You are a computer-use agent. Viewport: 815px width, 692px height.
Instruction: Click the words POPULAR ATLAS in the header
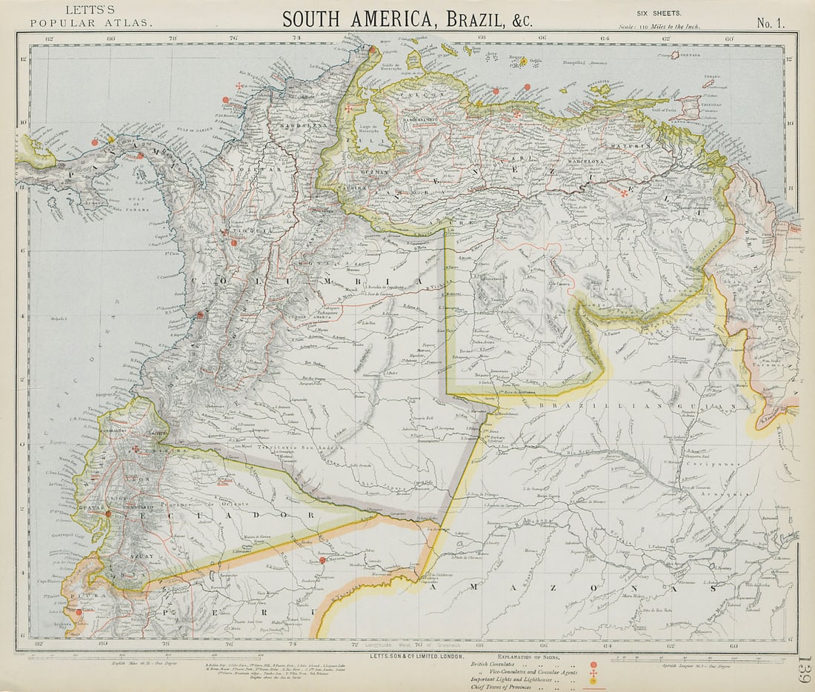[x=91, y=23]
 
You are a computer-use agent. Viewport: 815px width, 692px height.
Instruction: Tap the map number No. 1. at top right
[x=771, y=23]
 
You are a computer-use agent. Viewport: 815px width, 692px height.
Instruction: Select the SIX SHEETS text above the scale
[x=659, y=13]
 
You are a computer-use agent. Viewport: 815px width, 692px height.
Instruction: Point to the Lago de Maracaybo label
[x=368, y=113]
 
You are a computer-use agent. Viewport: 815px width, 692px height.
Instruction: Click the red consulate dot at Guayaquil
[x=107, y=513]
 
